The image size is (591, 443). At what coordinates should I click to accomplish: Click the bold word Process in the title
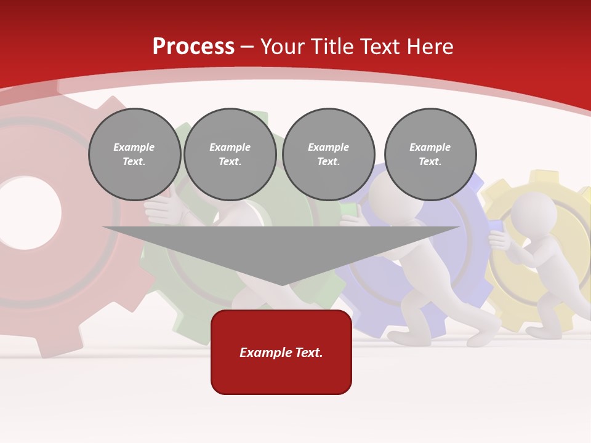click(193, 47)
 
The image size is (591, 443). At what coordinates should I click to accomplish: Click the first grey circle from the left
click(134, 154)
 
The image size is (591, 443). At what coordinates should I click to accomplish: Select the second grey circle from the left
click(230, 154)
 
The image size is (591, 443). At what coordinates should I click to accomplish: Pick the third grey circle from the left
click(328, 154)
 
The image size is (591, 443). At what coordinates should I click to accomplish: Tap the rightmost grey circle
click(430, 154)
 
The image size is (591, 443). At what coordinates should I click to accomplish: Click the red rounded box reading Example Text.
click(281, 352)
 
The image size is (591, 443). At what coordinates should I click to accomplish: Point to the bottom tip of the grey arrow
click(281, 284)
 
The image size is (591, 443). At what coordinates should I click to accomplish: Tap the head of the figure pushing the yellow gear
click(533, 213)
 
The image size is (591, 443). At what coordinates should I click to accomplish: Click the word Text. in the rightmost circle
click(430, 162)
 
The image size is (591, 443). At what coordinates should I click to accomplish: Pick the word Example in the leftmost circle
click(134, 147)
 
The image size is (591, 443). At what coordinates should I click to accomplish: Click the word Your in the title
click(283, 47)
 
